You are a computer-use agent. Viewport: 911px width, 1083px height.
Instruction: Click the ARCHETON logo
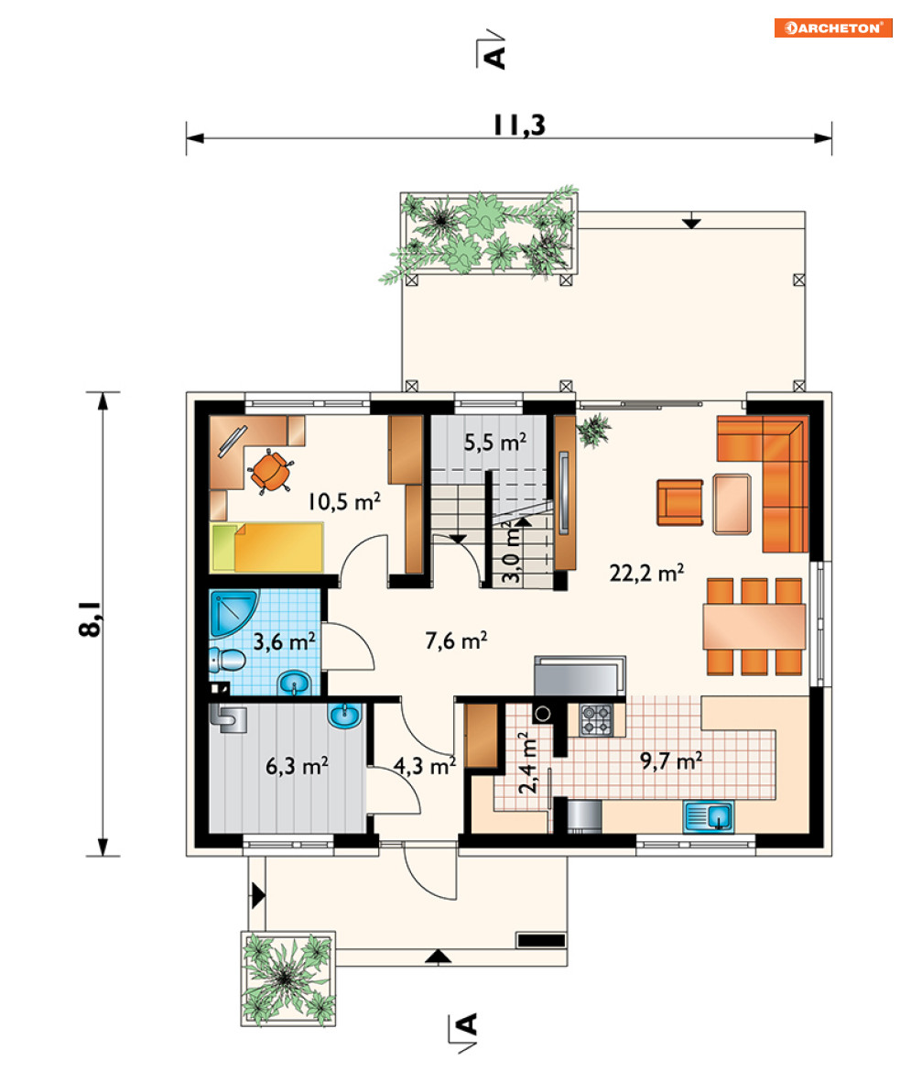tap(833, 27)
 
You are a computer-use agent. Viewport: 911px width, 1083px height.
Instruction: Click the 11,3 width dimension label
tap(519, 125)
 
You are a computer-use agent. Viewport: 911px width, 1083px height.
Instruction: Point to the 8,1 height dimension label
tap(91, 618)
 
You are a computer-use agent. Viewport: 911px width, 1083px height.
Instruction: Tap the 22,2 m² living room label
tap(646, 573)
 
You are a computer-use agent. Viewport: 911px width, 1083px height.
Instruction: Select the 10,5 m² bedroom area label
tap(343, 501)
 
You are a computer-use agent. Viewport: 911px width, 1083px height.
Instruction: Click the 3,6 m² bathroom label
tap(285, 641)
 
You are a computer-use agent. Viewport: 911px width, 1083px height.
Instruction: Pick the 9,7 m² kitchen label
tap(671, 760)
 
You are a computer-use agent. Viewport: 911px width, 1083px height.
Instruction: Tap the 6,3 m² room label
tap(297, 765)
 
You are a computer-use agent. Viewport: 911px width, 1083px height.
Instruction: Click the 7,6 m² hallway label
tap(456, 641)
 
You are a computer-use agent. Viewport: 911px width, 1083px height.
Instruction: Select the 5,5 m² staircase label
tap(494, 442)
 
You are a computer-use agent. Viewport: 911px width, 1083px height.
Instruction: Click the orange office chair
tap(270, 471)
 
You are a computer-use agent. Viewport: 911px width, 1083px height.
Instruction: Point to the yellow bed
tap(267, 548)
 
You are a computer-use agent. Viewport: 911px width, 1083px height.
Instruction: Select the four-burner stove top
tap(596, 719)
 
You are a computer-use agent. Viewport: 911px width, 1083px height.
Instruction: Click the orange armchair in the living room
tap(679, 502)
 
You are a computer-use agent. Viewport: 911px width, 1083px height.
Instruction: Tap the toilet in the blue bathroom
tap(227, 661)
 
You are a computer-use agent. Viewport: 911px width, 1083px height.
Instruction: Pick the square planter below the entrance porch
tap(287, 978)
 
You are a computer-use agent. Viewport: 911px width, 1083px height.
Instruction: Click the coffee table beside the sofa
tap(732, 504)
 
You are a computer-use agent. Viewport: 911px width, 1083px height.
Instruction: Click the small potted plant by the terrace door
tap(593, 431)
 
